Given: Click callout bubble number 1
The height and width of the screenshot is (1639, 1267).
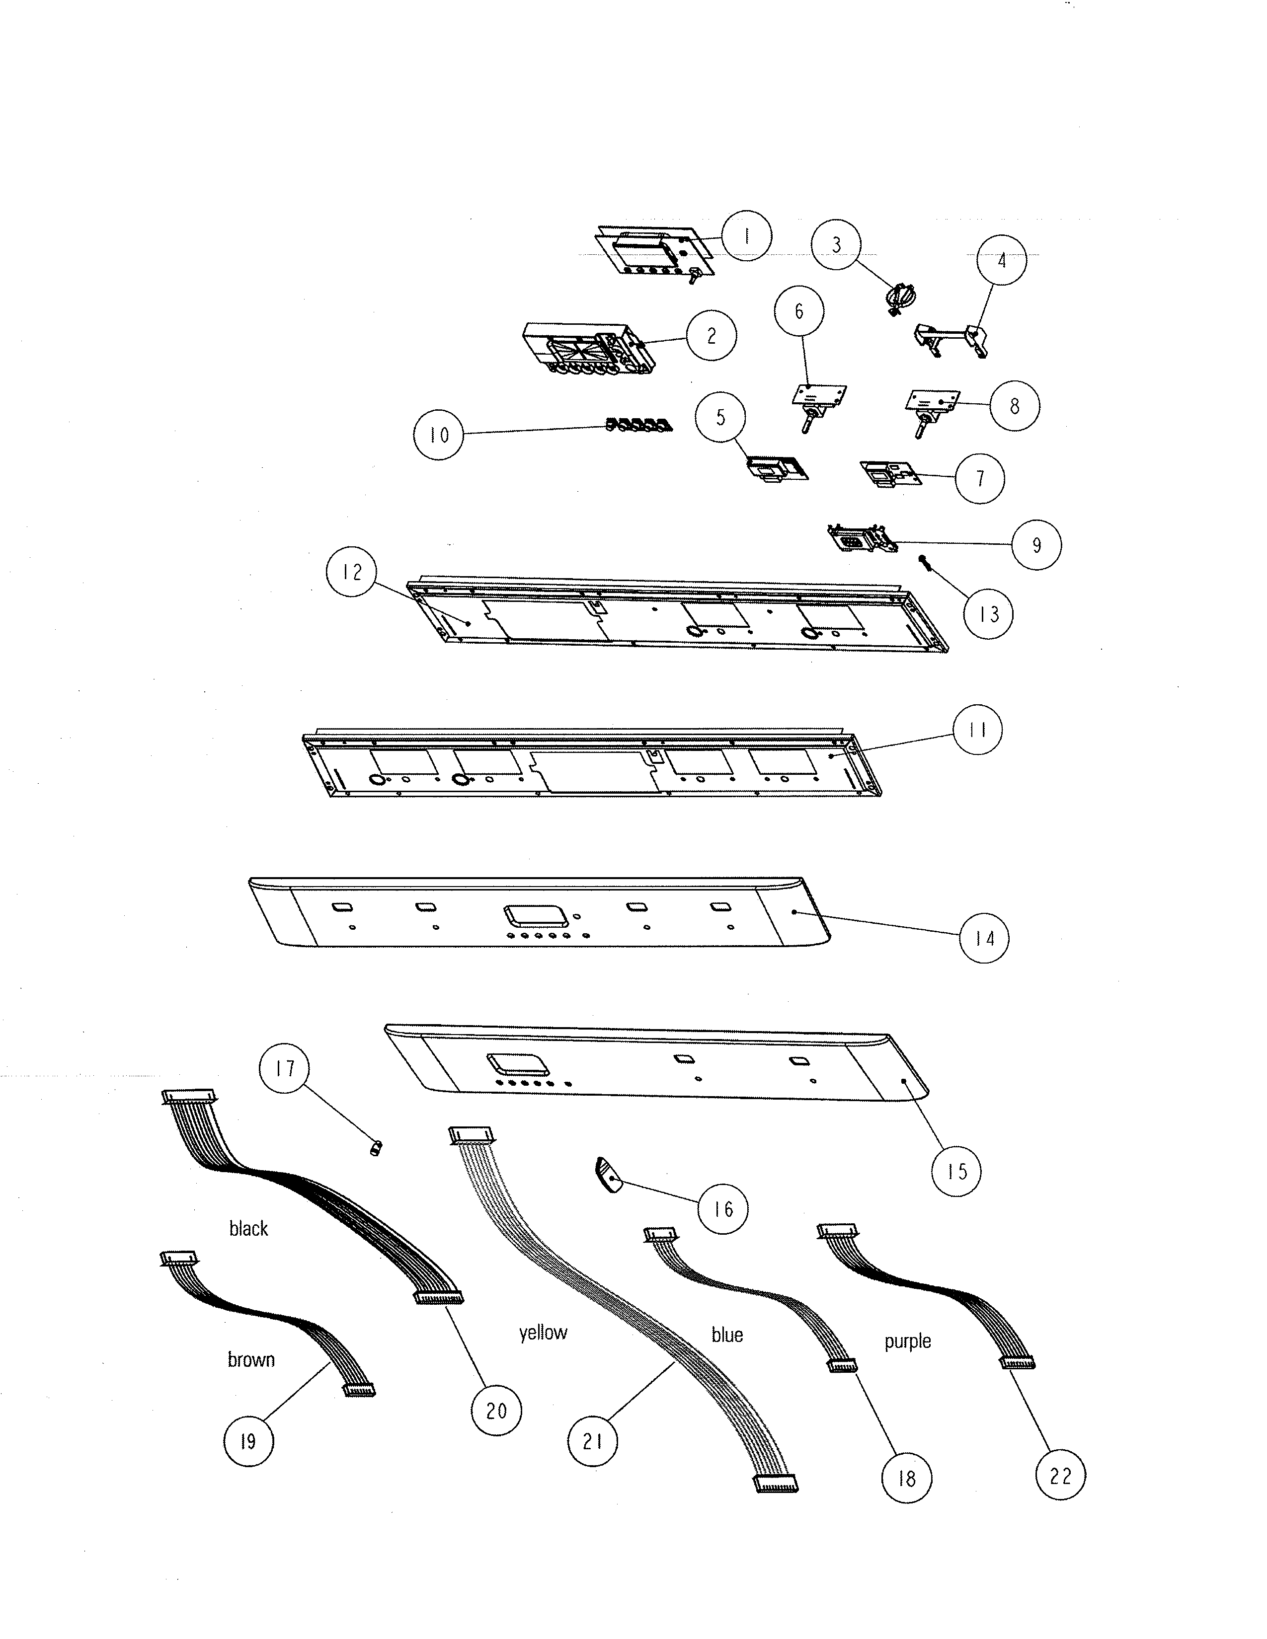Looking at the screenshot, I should pos(746,235).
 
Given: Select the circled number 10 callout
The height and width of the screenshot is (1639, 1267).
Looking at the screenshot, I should pos(438,435).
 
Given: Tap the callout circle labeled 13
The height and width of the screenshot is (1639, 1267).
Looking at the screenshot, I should pos(988,614).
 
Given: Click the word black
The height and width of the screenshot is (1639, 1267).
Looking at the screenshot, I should pos(248,1228).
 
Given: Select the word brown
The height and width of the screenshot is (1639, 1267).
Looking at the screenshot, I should pos(251,1359).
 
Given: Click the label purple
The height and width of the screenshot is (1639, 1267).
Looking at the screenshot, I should pos(907,1341).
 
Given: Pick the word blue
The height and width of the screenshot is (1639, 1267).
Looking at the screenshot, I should pos(726,1335).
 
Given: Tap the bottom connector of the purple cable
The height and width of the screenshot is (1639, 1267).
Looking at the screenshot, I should pos(1017,1362).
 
